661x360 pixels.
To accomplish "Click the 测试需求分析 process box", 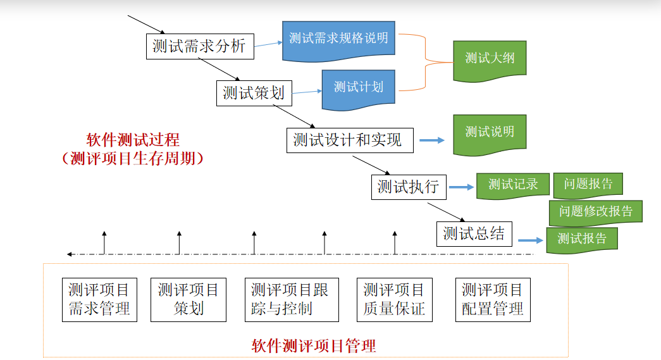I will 200,46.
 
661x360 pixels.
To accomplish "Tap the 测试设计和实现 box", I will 350,140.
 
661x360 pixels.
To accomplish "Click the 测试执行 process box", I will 409,187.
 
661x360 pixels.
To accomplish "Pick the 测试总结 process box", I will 474,233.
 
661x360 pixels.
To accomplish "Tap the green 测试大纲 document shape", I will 490,59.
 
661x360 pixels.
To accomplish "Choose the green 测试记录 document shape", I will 512,185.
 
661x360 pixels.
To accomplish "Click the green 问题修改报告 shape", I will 595,211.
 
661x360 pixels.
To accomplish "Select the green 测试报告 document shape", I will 581,239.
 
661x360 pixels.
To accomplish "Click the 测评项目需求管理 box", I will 99,299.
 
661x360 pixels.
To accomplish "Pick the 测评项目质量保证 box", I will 394,299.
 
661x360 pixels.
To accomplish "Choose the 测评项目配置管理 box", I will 493,299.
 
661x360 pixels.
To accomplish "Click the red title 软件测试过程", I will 133,140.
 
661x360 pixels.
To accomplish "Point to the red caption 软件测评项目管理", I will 313,345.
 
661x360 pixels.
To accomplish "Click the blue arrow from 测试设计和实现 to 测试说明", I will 433,140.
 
